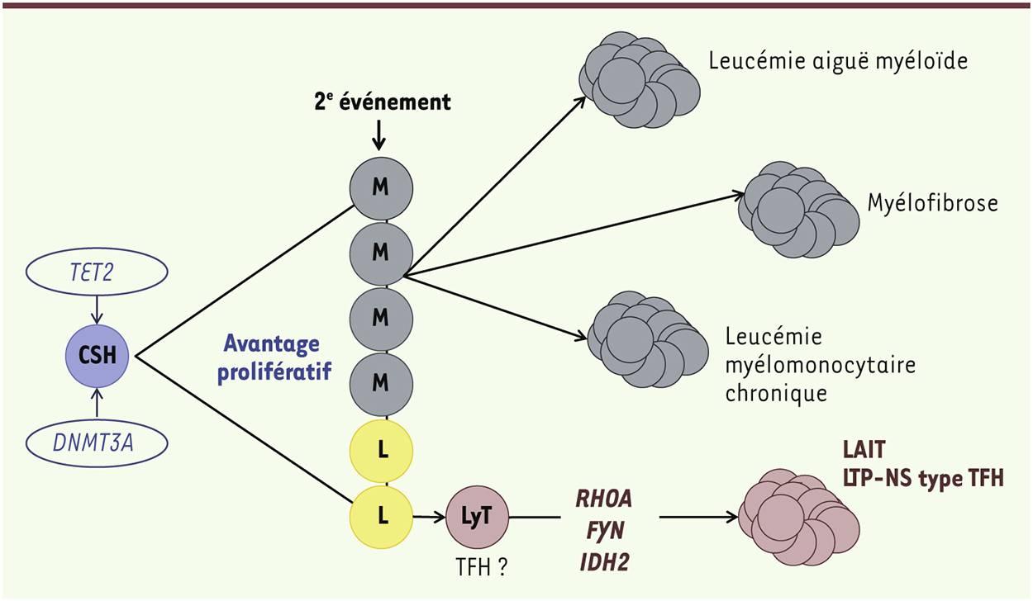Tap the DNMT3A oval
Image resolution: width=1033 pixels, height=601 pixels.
click(98, 443)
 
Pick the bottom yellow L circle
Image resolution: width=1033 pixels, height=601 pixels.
click(380, 516)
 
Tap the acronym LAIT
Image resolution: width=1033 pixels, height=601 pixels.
click(864, 450)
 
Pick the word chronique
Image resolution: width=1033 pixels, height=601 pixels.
click(776, 393)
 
